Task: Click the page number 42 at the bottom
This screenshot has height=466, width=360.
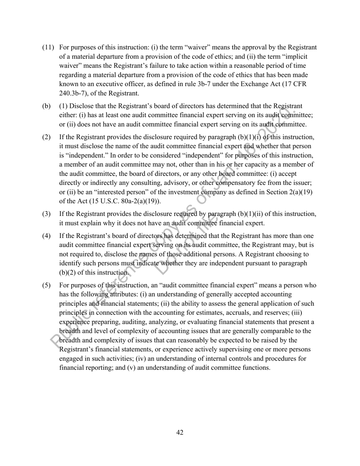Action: coord(180,433)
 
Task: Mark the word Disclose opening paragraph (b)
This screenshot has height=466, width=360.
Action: coord(82,107)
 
